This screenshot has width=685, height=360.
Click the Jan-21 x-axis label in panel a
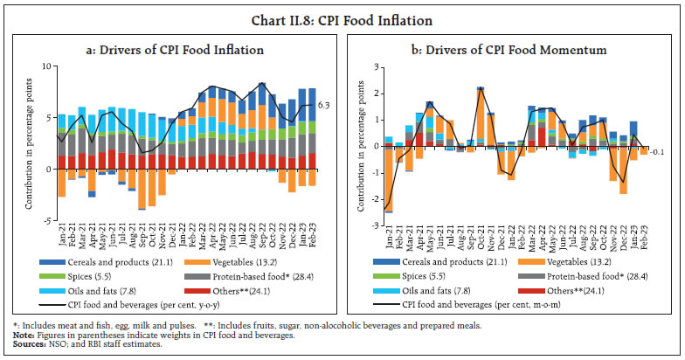tap(61, 236)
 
